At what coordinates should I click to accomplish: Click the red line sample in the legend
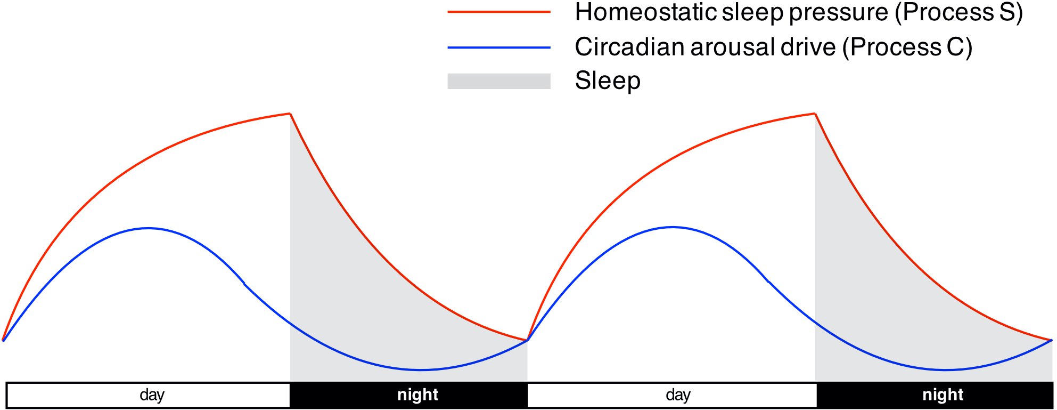[x=499, y=12]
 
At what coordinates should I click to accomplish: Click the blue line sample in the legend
[x=499, y=48]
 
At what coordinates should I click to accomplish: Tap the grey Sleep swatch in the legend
[x=499, y=81]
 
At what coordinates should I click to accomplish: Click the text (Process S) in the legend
[x=958, y=13]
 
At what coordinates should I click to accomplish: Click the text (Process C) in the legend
[x=907, y=47]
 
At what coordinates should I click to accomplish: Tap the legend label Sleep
[x=608, y=81]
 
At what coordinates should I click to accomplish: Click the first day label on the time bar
[x=152, y=395]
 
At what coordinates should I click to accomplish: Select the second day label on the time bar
[x=678, y=395]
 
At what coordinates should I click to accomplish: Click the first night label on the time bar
[x=418, y=395]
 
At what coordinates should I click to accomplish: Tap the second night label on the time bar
[x=943, y=395]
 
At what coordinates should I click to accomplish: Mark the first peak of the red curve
[x=290, y=114]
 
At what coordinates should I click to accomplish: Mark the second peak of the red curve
[x=815, y=114]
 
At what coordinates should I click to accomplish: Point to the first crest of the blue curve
[x=148, y=228]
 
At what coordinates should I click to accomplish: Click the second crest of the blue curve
[x=673, y=227]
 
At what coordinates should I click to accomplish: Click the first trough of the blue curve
[x=421, y=370]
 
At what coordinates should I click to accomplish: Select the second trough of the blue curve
[x=945, y=370]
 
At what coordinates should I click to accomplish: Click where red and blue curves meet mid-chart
[x=527, y=340]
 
